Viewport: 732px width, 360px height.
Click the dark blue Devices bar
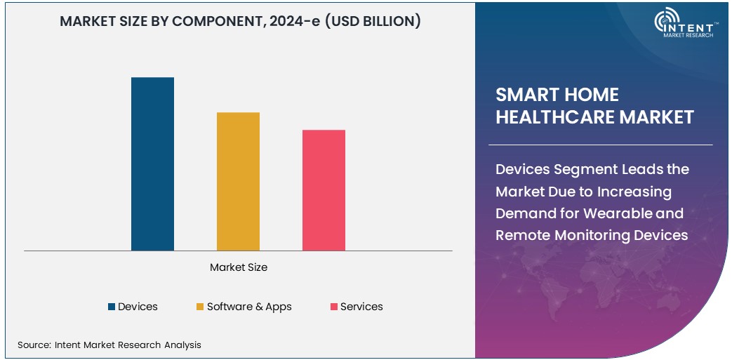152,164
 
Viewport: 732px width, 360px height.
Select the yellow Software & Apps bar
238,181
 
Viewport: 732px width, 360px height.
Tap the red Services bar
324,190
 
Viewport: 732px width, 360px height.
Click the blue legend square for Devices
111,307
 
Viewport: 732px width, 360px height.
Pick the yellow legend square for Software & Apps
200,307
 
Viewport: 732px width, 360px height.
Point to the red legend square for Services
334,307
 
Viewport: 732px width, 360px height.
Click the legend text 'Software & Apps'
249,307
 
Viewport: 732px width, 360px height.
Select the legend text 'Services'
361,307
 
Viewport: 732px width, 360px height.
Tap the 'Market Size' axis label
239,267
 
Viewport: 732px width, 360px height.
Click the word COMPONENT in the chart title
214,22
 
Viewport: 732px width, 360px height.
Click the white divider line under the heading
604,145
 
